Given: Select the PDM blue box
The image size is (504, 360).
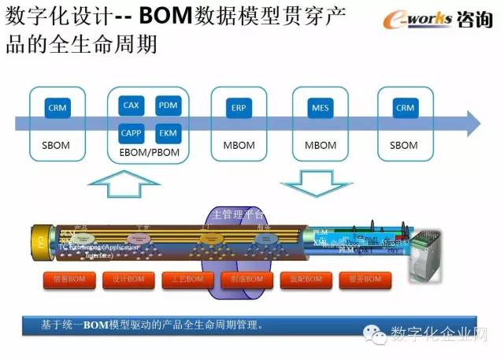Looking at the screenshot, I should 168,106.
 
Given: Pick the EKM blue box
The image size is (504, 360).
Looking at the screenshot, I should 168,132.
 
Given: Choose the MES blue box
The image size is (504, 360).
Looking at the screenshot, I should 320,108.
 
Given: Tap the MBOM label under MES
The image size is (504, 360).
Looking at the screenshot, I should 320,146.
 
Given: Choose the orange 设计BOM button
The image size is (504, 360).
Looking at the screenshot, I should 128,280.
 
